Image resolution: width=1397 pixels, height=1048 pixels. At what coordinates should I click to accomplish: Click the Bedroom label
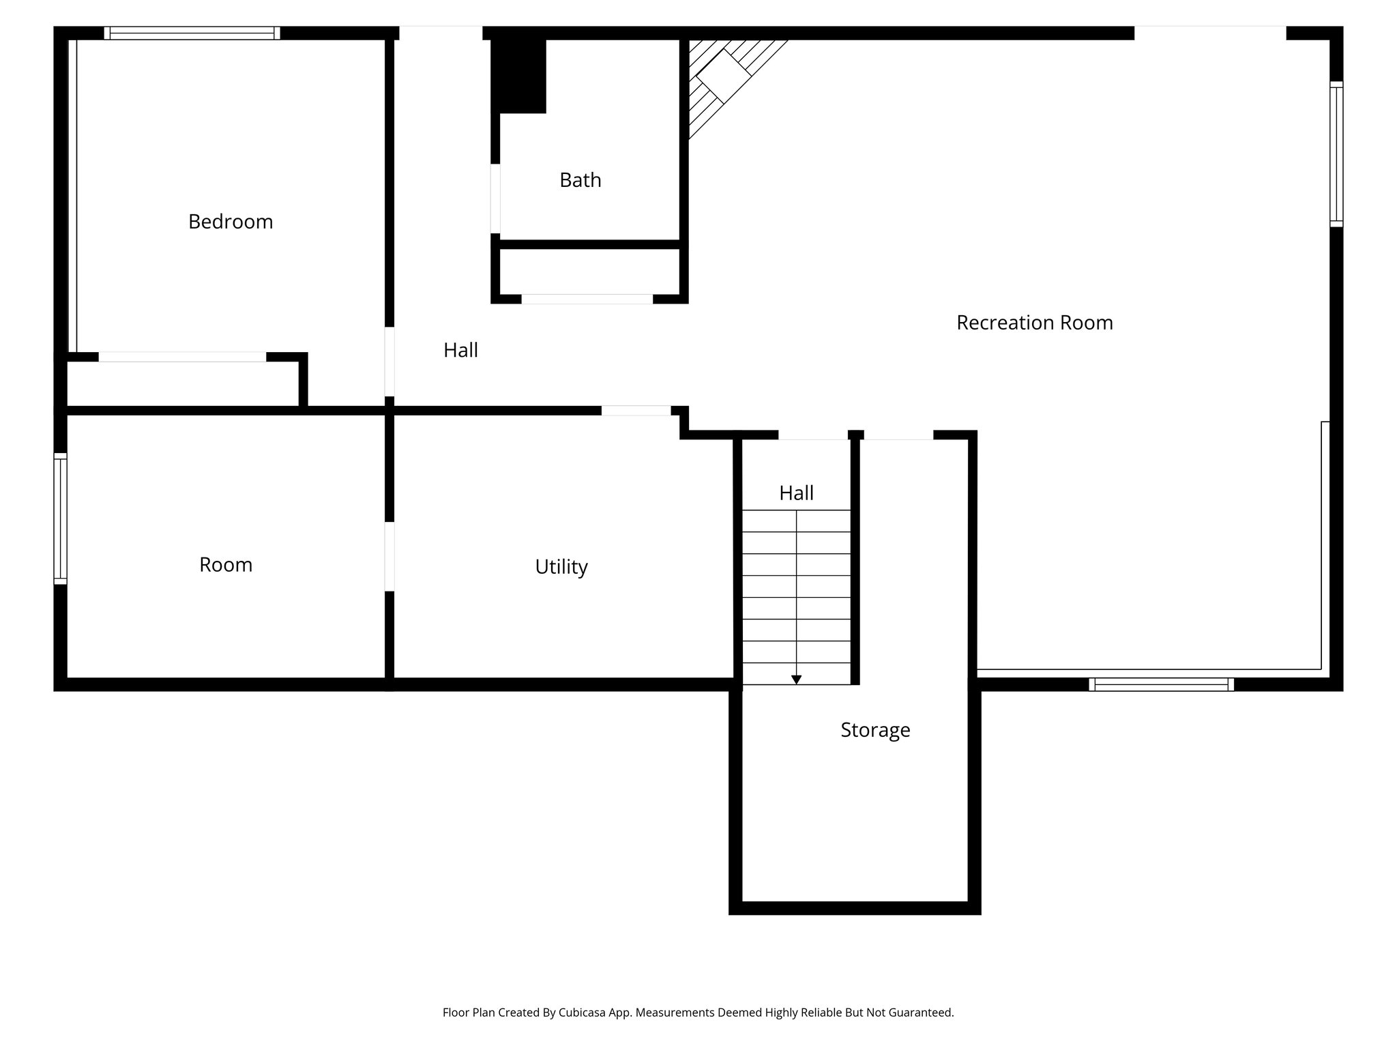point(231,222)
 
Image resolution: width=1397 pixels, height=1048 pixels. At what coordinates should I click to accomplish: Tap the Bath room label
point(580,180)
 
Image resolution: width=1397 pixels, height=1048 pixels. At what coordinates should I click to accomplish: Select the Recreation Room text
point(1034,323)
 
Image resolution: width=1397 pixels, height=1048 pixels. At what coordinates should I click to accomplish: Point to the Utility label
point(561,567)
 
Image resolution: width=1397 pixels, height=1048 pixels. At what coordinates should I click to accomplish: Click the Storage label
point(875,730)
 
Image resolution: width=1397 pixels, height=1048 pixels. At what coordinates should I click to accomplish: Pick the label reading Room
point(226,565)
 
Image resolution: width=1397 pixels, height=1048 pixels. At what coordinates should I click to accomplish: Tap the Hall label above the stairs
point(796,493)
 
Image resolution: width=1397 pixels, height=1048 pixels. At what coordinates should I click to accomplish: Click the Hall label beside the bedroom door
point(460,350)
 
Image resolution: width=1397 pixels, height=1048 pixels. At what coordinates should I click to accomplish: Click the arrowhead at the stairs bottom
point(796,680)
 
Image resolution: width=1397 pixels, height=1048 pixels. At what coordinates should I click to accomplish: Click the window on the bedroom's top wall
point(192,33)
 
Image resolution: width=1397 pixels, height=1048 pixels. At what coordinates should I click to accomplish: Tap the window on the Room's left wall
point(60,519)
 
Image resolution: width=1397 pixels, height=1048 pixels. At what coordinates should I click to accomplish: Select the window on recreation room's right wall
point(1336,154)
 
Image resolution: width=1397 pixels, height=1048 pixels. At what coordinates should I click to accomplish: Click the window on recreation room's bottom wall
point(1161,684)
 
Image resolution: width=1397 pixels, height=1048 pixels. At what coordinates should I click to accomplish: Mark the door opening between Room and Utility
point(389,556)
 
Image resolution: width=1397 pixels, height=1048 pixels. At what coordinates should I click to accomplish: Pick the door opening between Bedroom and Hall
point(389,362)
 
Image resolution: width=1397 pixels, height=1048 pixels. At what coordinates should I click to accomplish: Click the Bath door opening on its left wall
point(495,199)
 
